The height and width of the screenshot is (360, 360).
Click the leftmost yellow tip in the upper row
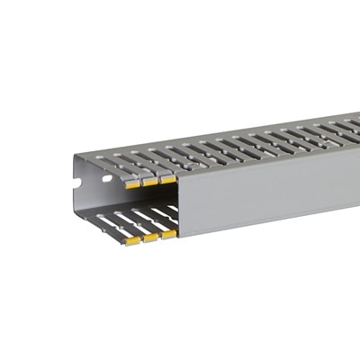(133, 184)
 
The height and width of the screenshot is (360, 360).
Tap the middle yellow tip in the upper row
(150, 181)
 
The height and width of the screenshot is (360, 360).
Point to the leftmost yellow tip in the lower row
(133, 241)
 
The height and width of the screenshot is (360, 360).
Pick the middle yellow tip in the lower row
(151, 238)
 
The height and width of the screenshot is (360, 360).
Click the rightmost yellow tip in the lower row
(168, 234)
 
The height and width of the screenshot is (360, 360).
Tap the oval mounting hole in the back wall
(106, 178)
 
